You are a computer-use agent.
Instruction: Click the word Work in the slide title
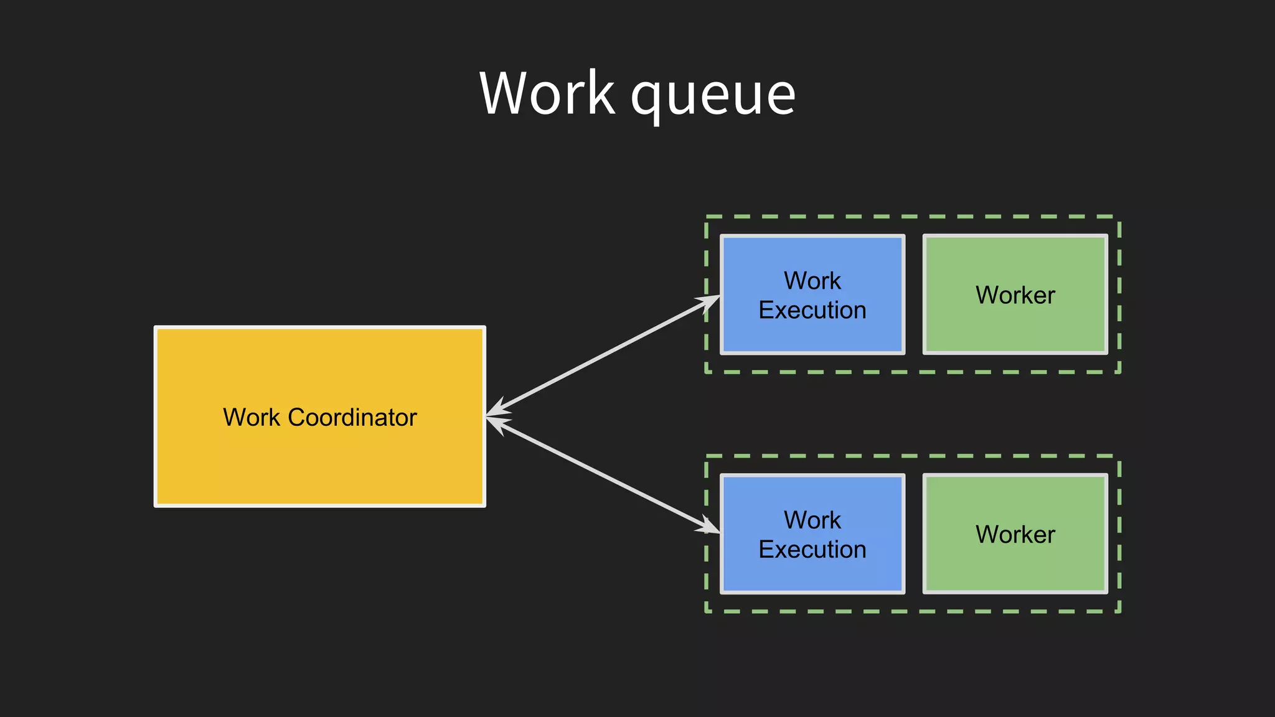547,93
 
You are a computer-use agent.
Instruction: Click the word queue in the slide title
713,96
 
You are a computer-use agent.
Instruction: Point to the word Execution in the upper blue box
812,310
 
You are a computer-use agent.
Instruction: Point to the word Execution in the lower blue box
812,550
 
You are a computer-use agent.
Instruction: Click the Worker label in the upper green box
1015,295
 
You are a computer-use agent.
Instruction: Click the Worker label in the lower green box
1015,535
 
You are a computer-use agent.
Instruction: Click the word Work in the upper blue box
812,281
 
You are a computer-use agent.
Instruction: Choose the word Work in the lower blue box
812,520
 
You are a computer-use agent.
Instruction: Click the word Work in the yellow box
251,418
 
